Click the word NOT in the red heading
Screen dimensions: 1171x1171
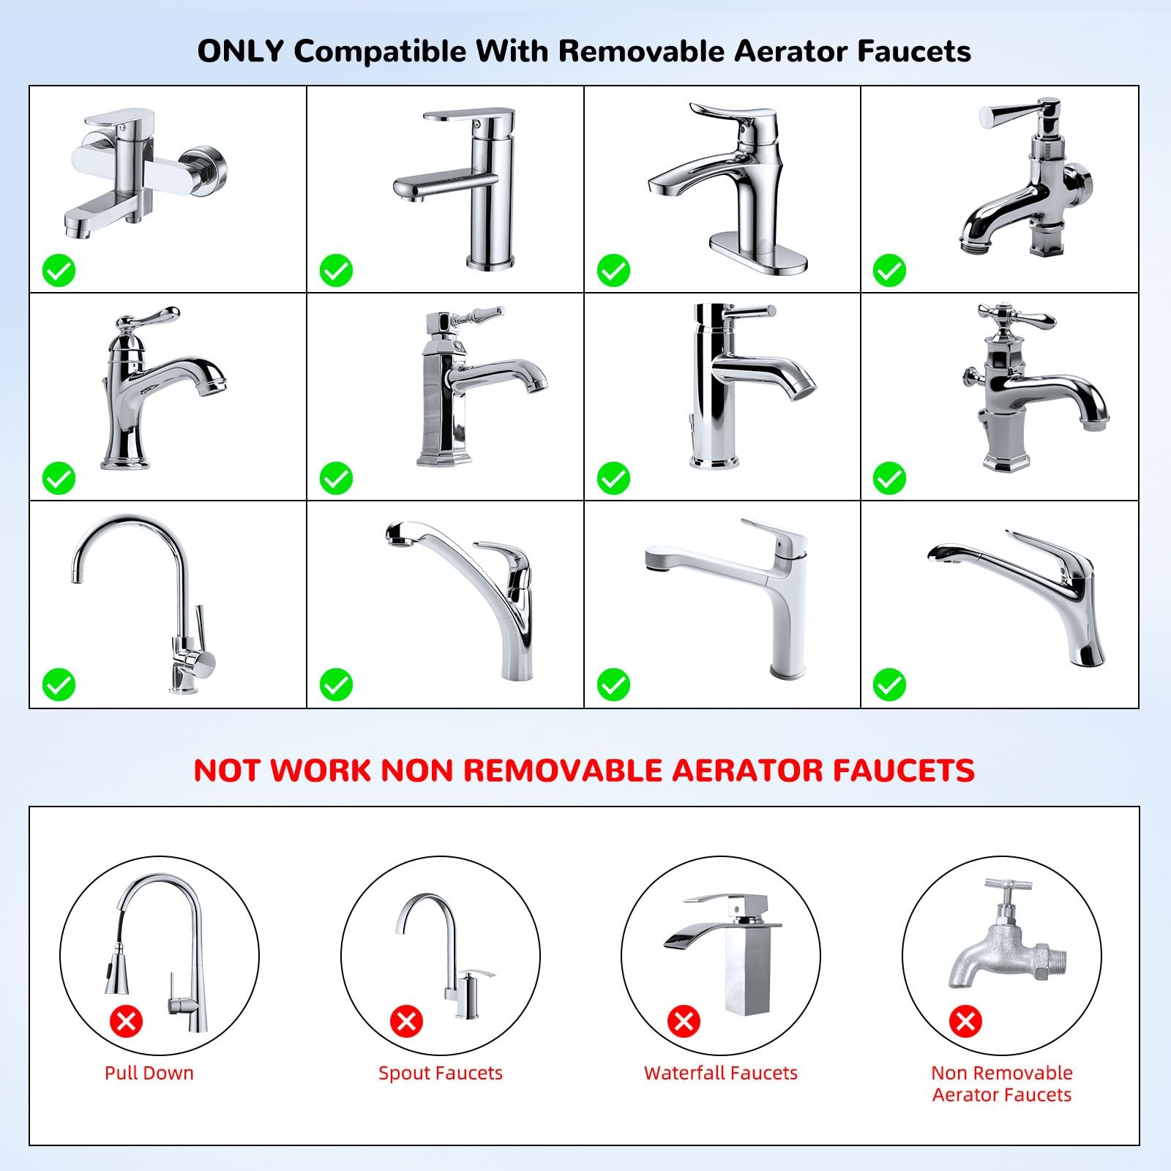pyautogui.click(x=228, y=771)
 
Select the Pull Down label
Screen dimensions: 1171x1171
pyautogui.click(x=149, y=1073)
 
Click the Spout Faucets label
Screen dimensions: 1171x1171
pyautogui.click(x=441, y=1074)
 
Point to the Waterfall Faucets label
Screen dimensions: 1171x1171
pyautogui.click(x=721, y=1073)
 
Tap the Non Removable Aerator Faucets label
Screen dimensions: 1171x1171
pyautogui.click(x=1002, y=1084)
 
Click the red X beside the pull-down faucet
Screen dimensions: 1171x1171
pyautogui.click(x=126, y=1020)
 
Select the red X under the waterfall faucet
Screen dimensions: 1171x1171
pyautogui.click(x=684, y=1020)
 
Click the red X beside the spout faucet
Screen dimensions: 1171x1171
pyautogui.click(x=406, y=1020)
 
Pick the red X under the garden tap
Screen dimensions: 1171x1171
pyautogui.click(x=965, y=1020)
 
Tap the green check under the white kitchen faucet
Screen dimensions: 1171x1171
pyautogui.click(x=613, y=685)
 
